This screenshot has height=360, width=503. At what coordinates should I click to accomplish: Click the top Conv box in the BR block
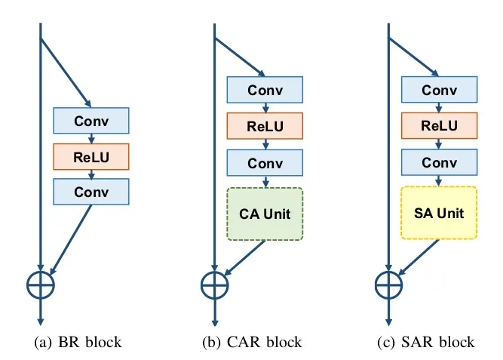(x=91, y=121)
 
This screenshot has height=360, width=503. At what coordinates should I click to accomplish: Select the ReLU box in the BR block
(x=91, y=157)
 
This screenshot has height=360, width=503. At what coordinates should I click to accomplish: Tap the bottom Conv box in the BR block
(x=91, y=192)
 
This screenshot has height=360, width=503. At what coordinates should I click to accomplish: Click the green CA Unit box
(x=265, y=214)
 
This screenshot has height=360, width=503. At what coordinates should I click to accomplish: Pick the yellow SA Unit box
(x=439, y=213)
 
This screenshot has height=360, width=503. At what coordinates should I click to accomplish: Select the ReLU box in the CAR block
(x=265, y=126)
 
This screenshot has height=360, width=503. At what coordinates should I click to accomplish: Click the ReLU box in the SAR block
(x=439, y=125)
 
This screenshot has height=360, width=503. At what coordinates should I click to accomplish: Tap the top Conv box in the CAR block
(x=265, y=90)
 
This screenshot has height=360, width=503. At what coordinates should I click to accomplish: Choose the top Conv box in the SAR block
(x=439, y=90)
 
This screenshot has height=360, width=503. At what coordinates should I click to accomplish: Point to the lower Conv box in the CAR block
(x=265, y=163)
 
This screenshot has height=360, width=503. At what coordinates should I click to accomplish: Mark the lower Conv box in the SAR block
(x=439, y=162)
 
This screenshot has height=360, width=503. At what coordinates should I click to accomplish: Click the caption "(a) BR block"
(x=78, y=343)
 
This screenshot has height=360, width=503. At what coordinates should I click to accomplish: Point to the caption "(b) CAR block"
(x=252, y=343)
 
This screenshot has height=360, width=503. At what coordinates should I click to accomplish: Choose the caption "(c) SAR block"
(x=426, y=343)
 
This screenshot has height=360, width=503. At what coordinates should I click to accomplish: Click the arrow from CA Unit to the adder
(x=245, y=257)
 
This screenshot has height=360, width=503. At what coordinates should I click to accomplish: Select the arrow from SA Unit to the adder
(x=419, y=257)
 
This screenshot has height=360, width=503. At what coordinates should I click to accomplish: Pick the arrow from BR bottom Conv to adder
(x=71, y=239)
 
